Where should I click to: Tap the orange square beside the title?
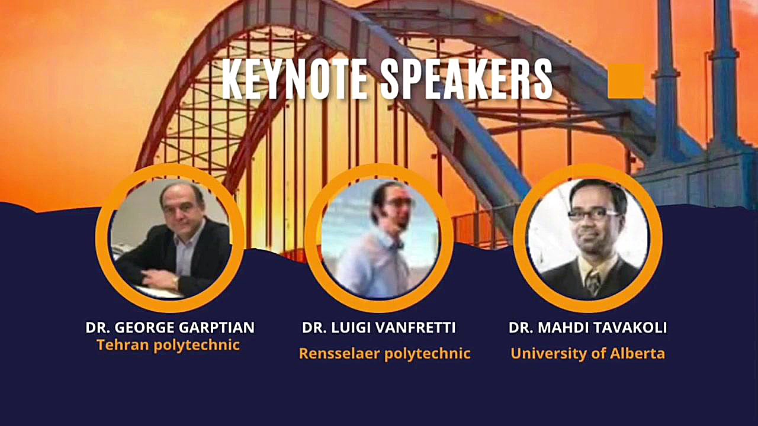[x=626, y=81]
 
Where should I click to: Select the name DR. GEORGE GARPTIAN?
[x=170, y=327]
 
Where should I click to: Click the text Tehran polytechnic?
[x=168, y=345]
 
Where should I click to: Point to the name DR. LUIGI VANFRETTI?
[x=378, y=327]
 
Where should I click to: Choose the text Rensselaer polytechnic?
[x=385, y=354]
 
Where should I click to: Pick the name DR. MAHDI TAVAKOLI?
[x=588, y=327]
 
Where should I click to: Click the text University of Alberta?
[x=588, y=354]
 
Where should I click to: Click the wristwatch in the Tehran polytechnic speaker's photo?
[x=175, y=281]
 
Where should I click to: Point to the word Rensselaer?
[x=339, y=354]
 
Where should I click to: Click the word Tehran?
[x=123, y=344]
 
